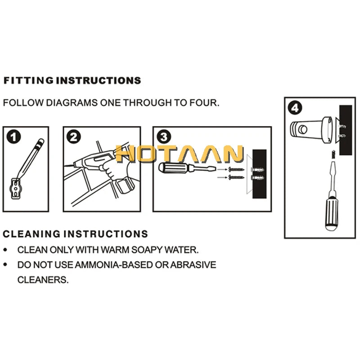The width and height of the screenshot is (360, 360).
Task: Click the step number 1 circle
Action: click(14, 137)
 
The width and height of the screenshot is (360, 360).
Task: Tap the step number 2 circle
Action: click(74, 137)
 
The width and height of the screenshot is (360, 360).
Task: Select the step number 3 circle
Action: click(164, 137)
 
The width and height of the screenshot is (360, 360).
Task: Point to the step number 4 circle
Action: click(295, 108)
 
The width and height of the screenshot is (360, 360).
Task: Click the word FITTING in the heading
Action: click(29, 81)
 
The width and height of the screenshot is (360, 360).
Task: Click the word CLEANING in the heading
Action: click(31, 234)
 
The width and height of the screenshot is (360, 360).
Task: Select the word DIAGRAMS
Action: click(72, 103)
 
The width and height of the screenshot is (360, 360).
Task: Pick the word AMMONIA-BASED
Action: click(114, 265)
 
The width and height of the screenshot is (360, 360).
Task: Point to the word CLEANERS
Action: click(43, 280)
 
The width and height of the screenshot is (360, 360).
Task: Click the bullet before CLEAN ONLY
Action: click(5, 250)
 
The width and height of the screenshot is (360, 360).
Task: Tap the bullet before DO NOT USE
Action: click(5, 265)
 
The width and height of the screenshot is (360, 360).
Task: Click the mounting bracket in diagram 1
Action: click(16, 189)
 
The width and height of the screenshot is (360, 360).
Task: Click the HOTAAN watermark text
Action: click(179, 154)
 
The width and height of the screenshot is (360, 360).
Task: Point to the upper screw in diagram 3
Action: click(236, 170)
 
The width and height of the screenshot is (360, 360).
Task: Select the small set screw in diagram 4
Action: click(333, 153)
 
